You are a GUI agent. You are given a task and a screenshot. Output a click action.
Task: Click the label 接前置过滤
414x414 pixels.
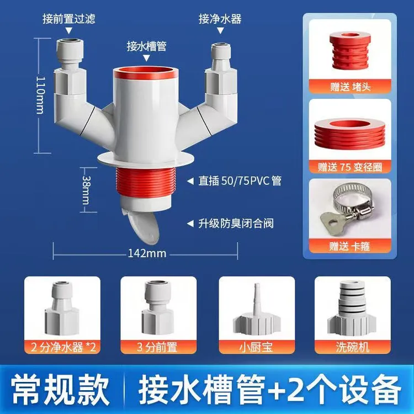click(x=69, y=19)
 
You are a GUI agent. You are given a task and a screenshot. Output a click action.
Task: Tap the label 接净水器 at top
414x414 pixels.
click(x=220, y=19)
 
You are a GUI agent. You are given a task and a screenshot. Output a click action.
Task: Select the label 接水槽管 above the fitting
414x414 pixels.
click(x=146, y=46)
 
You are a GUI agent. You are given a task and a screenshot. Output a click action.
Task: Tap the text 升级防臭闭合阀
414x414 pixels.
click(x=236, y=224)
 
